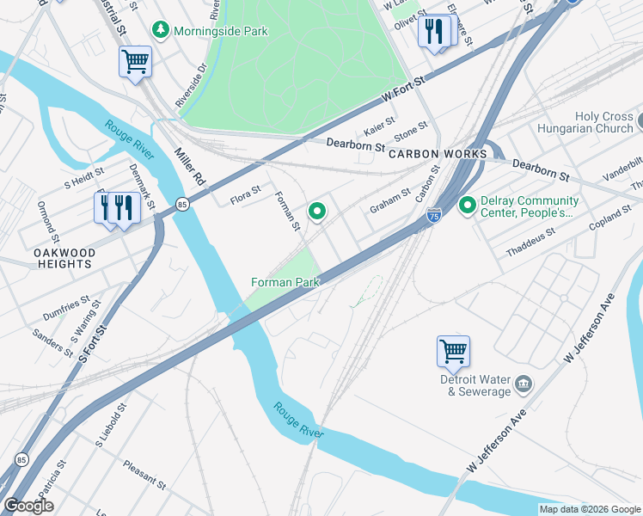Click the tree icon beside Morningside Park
click(160, 31)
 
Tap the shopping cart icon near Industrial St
click(135, 61)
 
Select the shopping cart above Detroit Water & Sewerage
click(453, 350)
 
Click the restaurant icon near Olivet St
click(435, 32)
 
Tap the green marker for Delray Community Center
click(468, 206)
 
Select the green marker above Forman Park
click(317, 211)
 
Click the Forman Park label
click(285, 282)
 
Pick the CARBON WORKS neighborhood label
click(438, 154)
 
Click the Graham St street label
click(390, 203)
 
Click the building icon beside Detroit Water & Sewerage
click(524, 383)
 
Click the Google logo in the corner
click(28, 506)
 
